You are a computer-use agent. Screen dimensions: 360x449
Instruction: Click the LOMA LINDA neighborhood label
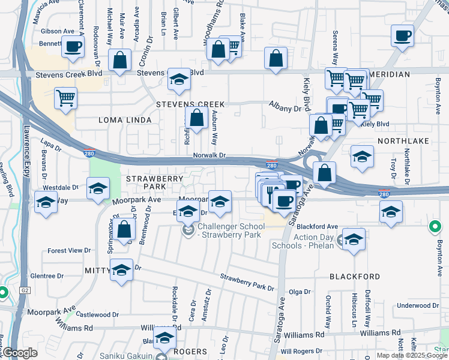click(x=127, y=120)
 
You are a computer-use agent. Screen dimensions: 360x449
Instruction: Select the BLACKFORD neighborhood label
click(x=354, y=277)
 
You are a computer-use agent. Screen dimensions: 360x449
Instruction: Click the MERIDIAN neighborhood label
click(x=390, y=74)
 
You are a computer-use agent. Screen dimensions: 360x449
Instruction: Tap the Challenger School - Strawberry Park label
click(x=231, y=230)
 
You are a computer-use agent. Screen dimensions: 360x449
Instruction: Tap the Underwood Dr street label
click(x=423, y=305)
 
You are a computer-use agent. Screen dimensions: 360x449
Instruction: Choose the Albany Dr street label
click(x=284, y=109)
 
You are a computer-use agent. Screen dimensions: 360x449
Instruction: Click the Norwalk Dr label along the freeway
click(x=209, y=155)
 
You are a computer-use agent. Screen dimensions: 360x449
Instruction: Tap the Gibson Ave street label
click(x=58, y=31)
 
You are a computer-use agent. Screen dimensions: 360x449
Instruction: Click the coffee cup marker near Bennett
click(x=73, y=47)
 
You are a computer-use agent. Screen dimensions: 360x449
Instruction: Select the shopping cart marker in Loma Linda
click(x=65, y=98)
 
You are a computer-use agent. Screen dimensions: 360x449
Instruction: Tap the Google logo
click(x=20, y=353)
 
